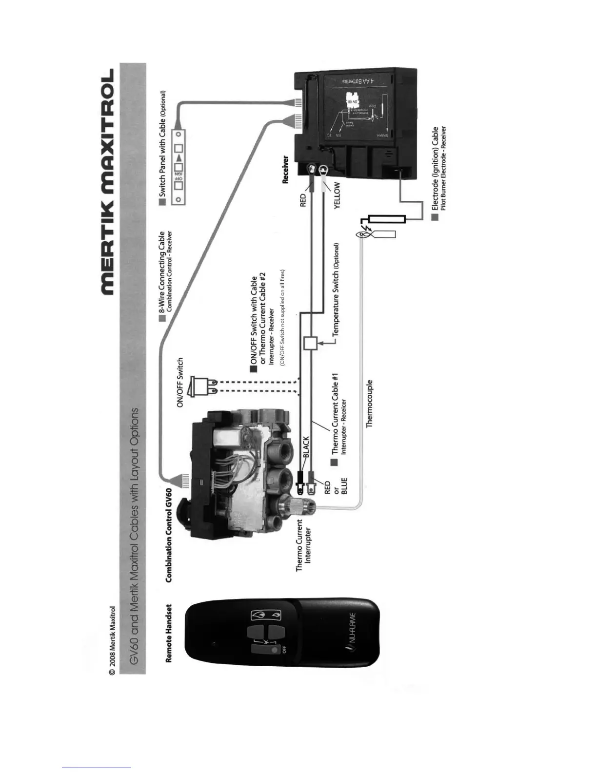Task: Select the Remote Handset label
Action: pos(169,634)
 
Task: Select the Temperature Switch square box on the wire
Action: pos(310,343)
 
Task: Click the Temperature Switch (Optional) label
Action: pos(335,289)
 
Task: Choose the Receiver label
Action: pos(286,170)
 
